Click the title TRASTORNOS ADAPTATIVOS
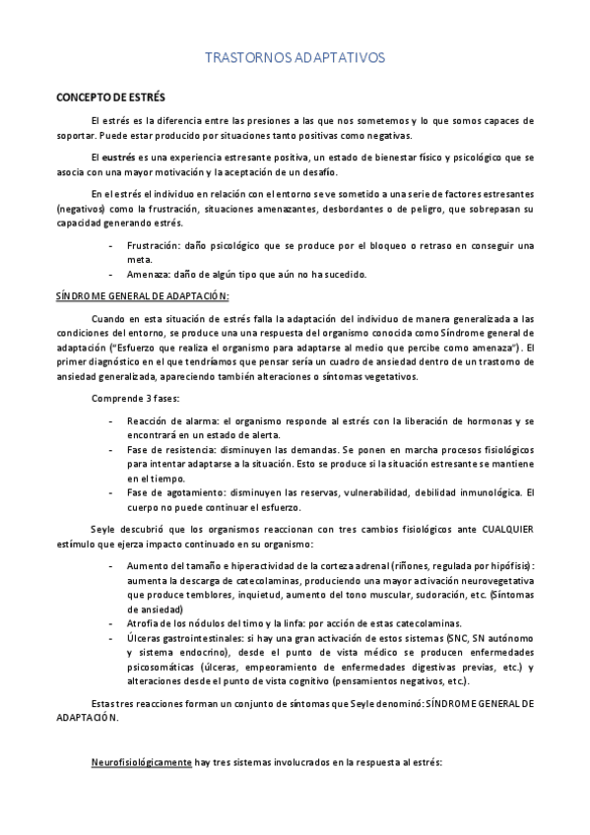pos(295,59)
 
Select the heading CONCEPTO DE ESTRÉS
pos(110,97)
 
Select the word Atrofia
pos(144,623)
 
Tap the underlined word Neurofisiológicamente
pos(141,762)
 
